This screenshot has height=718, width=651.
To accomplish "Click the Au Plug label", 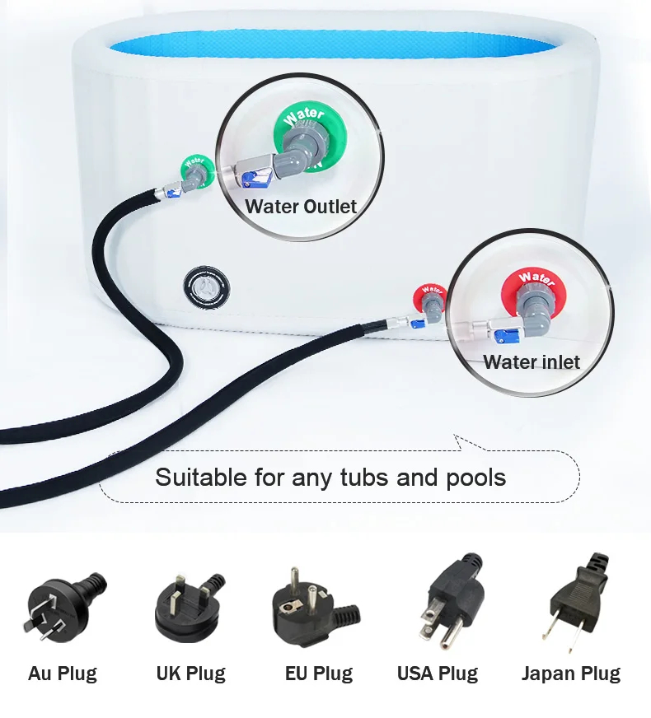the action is click(63, 674).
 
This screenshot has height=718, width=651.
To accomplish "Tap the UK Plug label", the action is click(191, 674).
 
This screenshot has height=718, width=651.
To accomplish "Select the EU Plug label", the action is click(319, 674).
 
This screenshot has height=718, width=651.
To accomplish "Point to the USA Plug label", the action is click(438, 674).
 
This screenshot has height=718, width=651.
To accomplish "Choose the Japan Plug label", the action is click(571, 674).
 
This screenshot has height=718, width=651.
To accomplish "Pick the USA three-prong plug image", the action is click(452, 601).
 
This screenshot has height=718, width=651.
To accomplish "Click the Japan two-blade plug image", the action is click(576, 601).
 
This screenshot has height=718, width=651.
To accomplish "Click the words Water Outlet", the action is click(301, 207).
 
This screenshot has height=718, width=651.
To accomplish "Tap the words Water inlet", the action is click(532, 362).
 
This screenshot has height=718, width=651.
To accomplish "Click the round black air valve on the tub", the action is click(207, 287).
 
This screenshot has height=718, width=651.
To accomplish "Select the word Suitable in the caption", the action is click(201, 477).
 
